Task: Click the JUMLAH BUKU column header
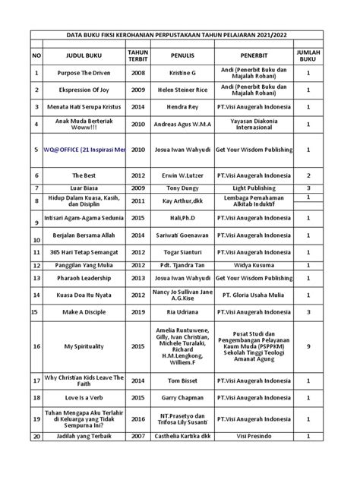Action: pos(308,54)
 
